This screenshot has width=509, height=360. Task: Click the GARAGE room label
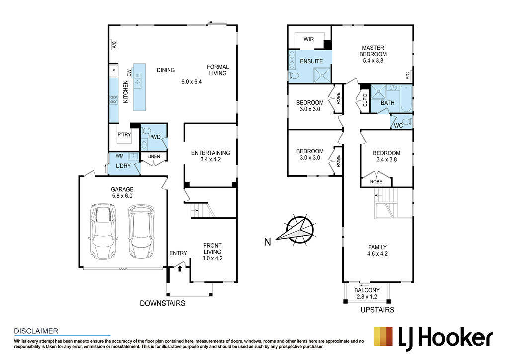[x=122, y=189]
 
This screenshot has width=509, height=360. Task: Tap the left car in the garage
[x=103, y=231]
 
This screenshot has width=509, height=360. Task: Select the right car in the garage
[x=142, y=231]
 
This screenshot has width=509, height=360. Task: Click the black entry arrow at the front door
[x=180, y=269]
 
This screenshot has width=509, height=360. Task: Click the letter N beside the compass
[x=267, y=242]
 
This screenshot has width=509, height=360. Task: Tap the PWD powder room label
[x=154, y=137]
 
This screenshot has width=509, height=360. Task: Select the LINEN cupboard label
[x=154, y=157]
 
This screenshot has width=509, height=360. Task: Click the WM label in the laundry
[x=119, y=156]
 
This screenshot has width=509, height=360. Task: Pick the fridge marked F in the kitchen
[x=114, y=70]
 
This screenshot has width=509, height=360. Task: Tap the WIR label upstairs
[x=308, y=39]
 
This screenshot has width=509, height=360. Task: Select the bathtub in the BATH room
[x=406, y=98]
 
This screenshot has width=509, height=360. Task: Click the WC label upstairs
[x=398, y=126]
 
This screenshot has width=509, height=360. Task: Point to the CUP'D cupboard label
[x=365, y=100]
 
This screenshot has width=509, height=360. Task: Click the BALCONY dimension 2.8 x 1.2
[x=367, y=297]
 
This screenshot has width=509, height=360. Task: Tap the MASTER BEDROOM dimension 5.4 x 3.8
[x=373, y=60]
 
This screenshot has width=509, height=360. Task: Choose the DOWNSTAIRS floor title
[x=163, y=303]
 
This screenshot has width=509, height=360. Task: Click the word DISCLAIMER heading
[x=36, y=331]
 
